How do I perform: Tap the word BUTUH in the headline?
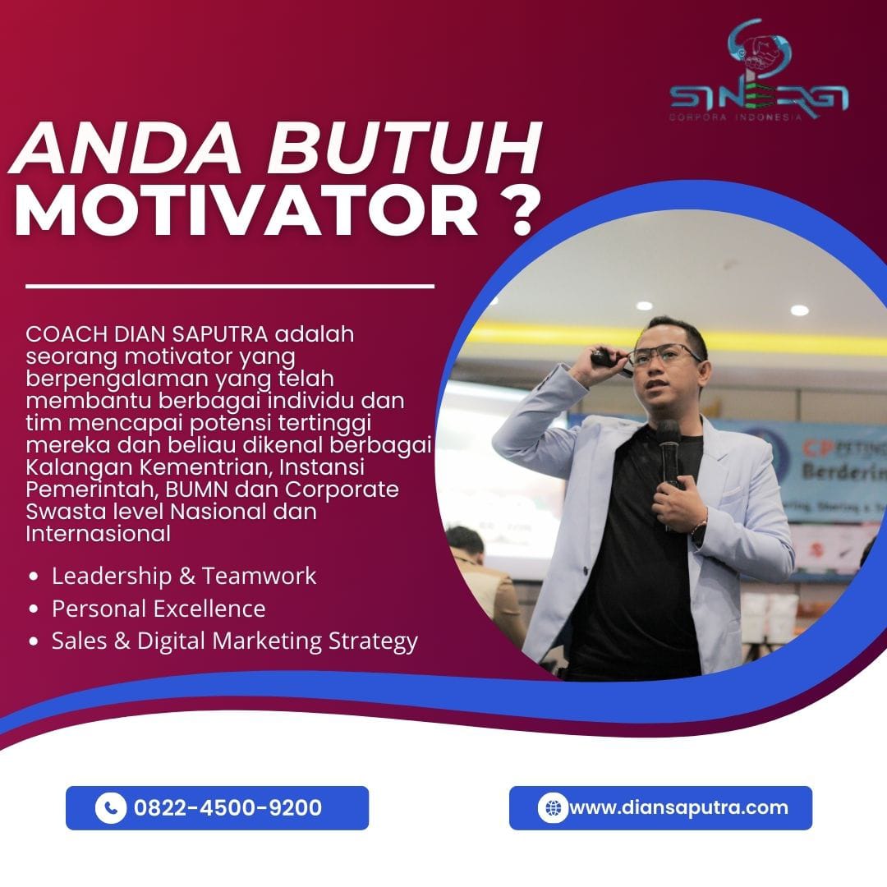(x=404, y=149)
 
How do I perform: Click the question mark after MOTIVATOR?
(x=517, y=209)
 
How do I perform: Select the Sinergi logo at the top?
(x=759, y=70)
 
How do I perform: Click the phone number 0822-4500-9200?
(x=227, y=807)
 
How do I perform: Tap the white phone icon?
(x=110, y=807)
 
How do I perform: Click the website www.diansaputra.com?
(x=678, y=807)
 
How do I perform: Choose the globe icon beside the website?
(x=553, y=807)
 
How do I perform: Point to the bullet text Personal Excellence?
(x=159, y=609)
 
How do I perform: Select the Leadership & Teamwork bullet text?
(x=184, y=576)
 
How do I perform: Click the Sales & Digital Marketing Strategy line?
(x=234, y=641)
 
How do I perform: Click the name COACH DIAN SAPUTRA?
(x=146, y=334)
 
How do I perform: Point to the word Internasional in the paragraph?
(x=98, y=534)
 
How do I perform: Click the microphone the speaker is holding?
(x=669, y=453)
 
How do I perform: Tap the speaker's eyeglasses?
(x=664, y=355)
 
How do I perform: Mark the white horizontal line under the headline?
(x=230, y=287)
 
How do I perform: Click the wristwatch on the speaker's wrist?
(x=699, y=530)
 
